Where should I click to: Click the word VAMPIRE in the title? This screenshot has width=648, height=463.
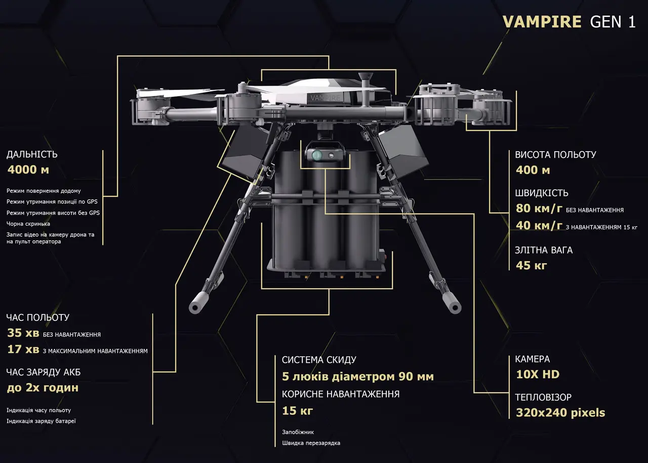pos(542,22)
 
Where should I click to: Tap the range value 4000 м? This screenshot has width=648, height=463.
pos(28,170)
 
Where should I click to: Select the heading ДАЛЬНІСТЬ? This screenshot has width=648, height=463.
pos(32,154)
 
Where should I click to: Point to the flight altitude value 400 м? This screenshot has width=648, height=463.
pos(533,170)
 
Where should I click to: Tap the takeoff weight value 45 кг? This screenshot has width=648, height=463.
pos(531,265)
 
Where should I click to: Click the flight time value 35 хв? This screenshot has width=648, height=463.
pos(23,333)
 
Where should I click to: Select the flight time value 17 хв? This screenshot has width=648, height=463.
pos(23,349)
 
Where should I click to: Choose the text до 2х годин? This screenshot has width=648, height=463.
pos(43,388)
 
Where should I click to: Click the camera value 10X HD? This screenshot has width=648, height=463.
pos(538,375)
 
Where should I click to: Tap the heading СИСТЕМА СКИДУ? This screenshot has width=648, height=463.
pos(319,360)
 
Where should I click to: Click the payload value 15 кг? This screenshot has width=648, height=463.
pos(298,411)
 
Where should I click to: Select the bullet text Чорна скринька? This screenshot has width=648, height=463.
pos(28,224)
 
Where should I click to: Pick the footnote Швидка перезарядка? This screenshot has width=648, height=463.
pos(311,443)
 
